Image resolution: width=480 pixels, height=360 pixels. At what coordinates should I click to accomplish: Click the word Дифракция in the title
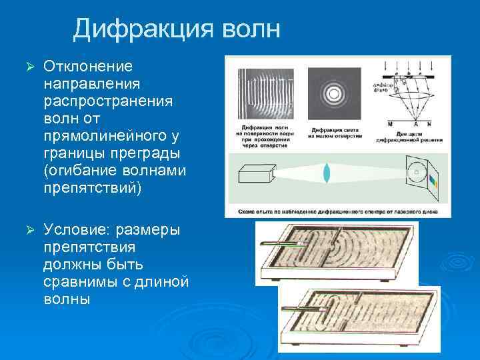(x=141, y=29)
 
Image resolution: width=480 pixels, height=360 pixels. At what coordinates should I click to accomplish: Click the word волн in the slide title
(x=249, y=29)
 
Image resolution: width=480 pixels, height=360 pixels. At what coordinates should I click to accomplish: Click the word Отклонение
(x=88, y=67)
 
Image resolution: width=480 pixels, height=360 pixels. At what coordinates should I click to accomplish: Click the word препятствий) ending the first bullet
(x=93, y=188)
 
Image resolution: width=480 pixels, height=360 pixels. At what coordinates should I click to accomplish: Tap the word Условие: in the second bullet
(x=77, y=230)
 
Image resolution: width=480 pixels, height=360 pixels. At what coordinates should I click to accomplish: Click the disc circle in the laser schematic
(x=416, y=173)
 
